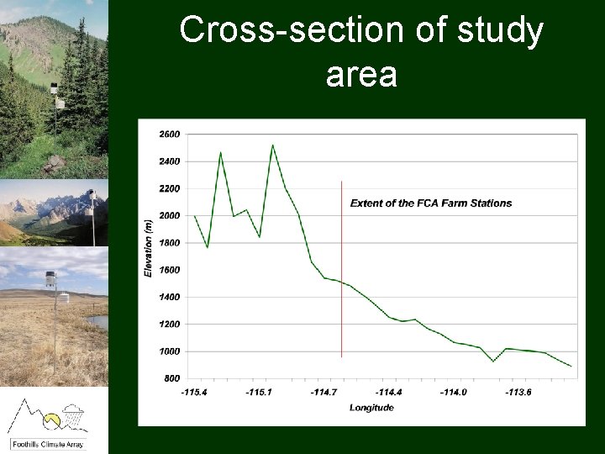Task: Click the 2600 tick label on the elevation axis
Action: coord(169,135)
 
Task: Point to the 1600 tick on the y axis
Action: coord(169,270)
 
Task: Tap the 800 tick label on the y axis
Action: coord(171,378)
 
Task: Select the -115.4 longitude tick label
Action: coord(194,393)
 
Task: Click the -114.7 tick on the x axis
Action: coord(324,393)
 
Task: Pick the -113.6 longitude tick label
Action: coord(518,393)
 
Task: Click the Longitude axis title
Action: coord(371,409)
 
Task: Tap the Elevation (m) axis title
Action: coord(149,247)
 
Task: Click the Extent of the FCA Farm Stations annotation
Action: coord(430,203)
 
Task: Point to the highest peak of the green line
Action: coord(272,145)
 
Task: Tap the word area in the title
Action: coord(360,75)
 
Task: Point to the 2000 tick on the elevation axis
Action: coord(169,216)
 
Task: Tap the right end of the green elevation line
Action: coord(571,367)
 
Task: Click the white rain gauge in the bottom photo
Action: coord(64,297)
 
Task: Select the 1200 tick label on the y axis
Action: coord(169,325)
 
